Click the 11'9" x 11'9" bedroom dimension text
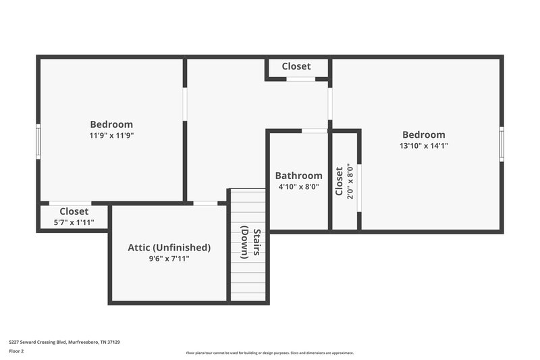click(x=111, y=135)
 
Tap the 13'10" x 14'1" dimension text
click(x=424, y=145)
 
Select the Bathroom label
click(x=299, y=176)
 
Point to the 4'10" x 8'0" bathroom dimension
click(x=299, y=186)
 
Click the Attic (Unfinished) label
click(x=169, y=247)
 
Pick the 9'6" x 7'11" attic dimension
click(x=169, y=258)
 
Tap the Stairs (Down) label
click(x=249, y=243)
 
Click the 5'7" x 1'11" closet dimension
click(x=74, y=222)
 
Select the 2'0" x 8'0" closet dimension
click(x=349, y=180)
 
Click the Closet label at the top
click(x=296, y=66)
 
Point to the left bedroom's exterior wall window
click(x=38, y=141)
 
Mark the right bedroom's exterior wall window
click(x=502, y=144)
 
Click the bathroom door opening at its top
click(x=315, y=130)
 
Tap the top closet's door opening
click(x=300, y=79)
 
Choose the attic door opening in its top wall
click(x=205, y=203)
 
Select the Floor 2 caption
click(x=16, y=351)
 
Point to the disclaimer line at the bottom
click(x=269, y=353)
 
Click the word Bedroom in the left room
click(x=111, y=124)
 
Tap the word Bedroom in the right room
click(x=424, y=134)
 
